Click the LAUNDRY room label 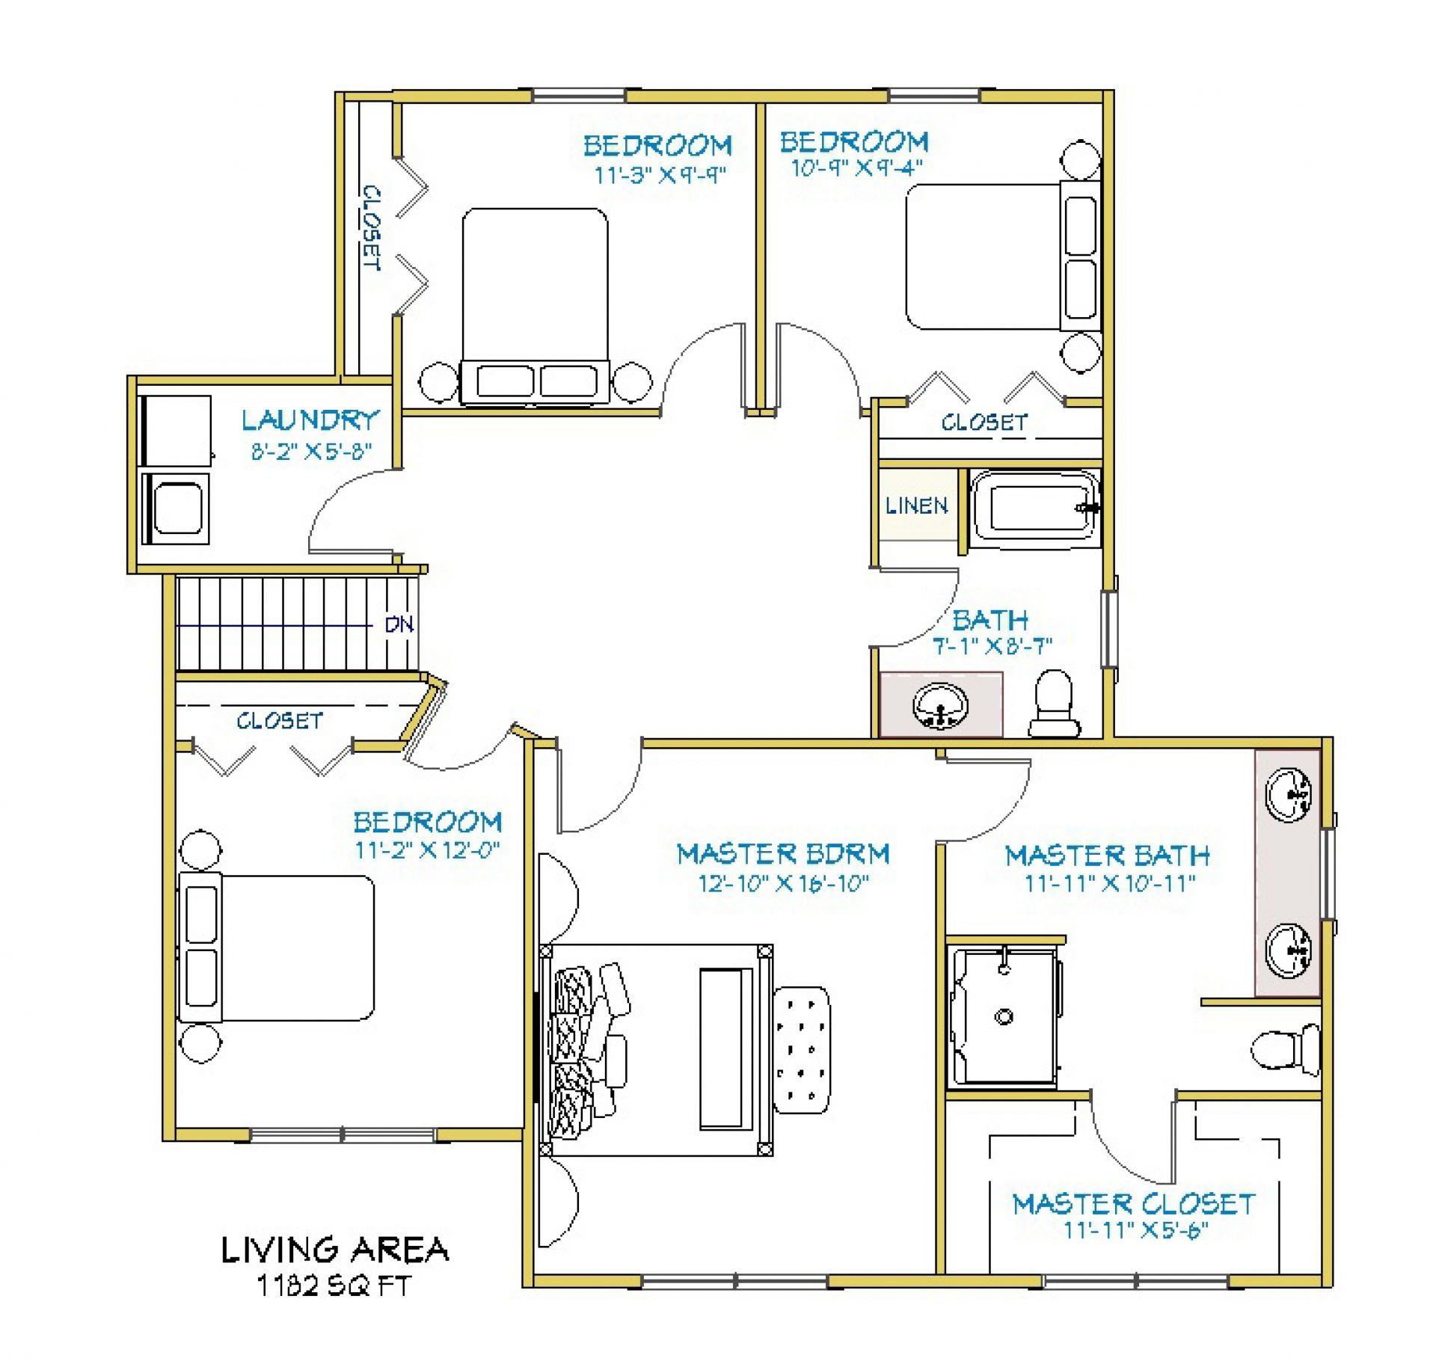click(310, 420)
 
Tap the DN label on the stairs click(399, 624)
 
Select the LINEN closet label click(917, 506)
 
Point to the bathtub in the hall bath click(1034, 509)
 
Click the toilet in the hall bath click(1054, 704)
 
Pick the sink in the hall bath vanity click(940, 705)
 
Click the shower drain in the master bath click(1004, 1016)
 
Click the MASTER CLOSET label click(1134, 1204)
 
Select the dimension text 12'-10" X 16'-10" click(783, 883)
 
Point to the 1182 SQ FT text click(334, 1285)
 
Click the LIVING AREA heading click(334, 1250)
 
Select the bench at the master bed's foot click(725, 1048)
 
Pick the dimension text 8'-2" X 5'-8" click(311, 452)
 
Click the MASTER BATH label click(1108, 855)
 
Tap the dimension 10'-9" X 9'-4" click(857, 167)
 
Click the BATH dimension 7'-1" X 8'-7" click(992, 645)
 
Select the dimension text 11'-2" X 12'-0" click(427, 850)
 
